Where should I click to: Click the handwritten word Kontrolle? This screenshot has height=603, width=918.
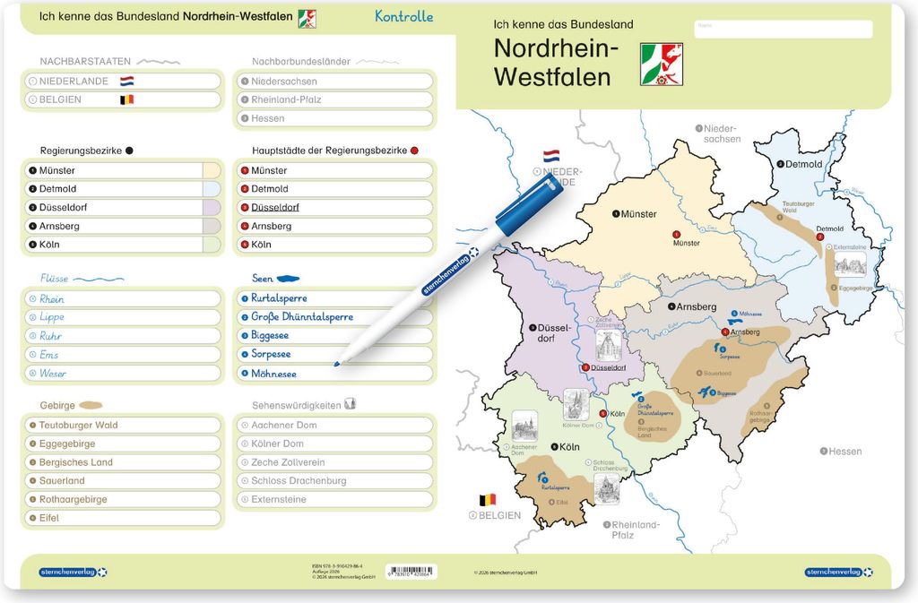[x=403, y=16]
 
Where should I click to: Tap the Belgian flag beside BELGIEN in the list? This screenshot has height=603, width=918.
[x=126, y=99]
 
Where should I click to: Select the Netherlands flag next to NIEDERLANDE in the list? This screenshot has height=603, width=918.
[x=126, y=81]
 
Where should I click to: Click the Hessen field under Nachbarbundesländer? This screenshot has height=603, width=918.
[x=333, y=118]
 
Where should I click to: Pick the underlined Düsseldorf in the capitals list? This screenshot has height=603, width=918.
[x=275, y=207]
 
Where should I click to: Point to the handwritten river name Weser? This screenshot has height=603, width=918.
[x=53, y=374]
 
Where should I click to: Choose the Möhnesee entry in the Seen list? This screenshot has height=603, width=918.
[x=273, y=374]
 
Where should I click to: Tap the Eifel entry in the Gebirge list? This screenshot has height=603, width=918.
[x=49, y=518]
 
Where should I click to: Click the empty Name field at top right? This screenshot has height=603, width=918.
[x=783, y=30]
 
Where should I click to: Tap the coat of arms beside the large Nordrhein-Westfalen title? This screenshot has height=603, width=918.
[x=661, y=65]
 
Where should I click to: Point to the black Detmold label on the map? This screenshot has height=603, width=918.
[x=802, y=164]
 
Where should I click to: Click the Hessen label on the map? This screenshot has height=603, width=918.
[x=844, y=452]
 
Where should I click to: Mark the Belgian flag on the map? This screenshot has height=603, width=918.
[x=488, y=499]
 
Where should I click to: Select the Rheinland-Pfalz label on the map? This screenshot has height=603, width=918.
[x=635, y=530]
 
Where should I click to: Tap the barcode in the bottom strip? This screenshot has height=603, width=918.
[x=411, y=571]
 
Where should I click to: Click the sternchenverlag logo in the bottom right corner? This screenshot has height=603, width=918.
[x=833, y=571]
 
